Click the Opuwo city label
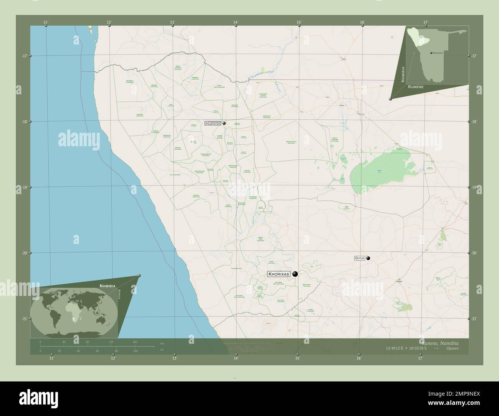coord(212,123)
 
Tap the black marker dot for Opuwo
coord(224,123)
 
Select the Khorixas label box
coord(279,274)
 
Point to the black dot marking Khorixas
coord(295,274)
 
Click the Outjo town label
coord(359,259)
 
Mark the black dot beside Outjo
coord(368,258)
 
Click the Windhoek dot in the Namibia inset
coord(431,53)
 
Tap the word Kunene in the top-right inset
coord(416,87)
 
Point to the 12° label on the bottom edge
coord(112,358)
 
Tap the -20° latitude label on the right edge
coord(474,253)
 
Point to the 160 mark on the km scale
coord(135,342)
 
